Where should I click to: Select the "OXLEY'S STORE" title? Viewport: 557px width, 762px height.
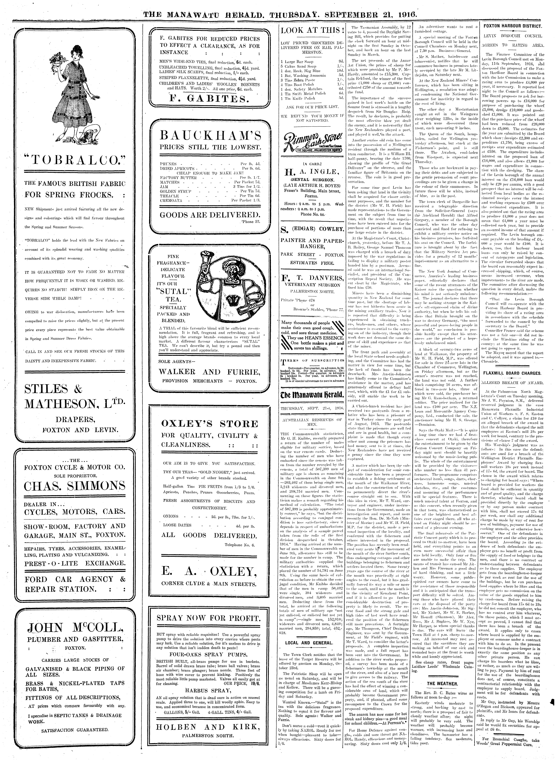210,424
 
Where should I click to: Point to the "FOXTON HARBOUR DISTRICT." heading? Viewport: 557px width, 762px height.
513,26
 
